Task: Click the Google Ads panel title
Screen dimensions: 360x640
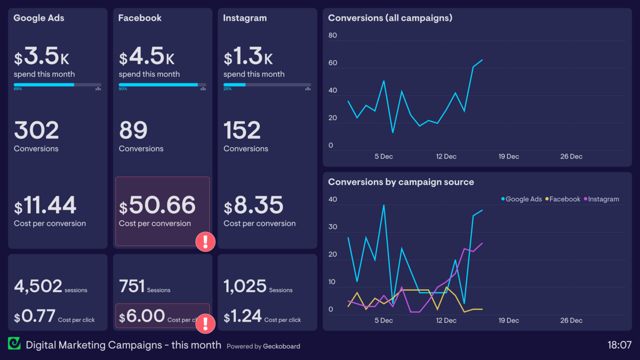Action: point(38,18)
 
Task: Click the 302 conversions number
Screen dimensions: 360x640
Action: point(36,131)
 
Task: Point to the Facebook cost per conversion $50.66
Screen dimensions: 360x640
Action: point(157,205)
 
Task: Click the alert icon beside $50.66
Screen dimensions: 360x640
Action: point(205,242)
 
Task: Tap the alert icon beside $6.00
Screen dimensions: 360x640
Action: point(205,323)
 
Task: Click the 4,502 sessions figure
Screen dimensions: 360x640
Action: point(38,286)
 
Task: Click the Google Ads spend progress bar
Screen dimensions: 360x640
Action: point(57,85)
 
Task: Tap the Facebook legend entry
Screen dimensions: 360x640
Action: point(564,199)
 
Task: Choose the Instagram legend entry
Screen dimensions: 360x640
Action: point(603,199)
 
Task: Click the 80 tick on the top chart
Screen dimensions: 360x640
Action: point(333,36)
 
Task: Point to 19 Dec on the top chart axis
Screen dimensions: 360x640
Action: point(508,157)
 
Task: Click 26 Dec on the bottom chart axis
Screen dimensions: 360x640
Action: point(571,321)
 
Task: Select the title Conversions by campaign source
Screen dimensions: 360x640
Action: point(401,182)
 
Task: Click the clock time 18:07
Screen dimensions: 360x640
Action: point(619,345)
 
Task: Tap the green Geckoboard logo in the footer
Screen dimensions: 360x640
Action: point(14,344)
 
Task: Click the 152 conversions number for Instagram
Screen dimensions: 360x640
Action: point(242,131)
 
